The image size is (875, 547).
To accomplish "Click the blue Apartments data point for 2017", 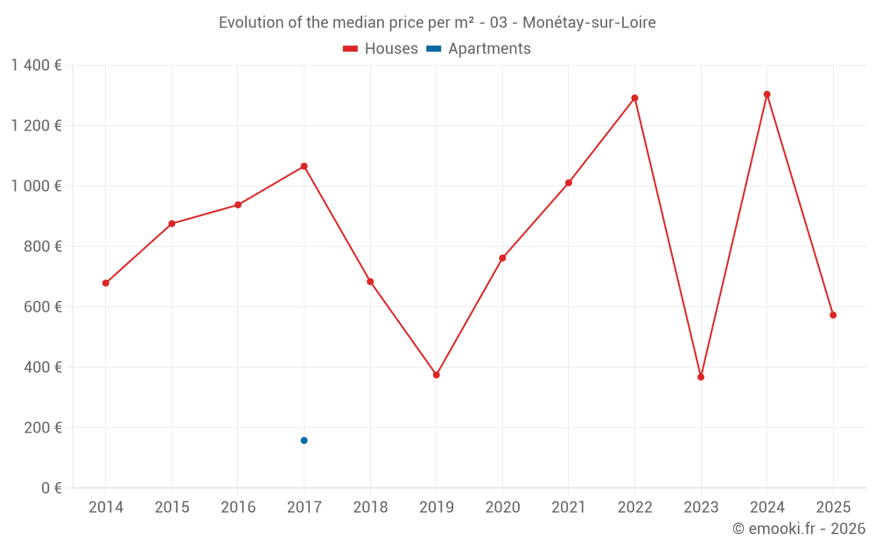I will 304,440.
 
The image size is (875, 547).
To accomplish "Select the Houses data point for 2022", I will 634,98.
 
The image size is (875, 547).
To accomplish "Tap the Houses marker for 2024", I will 766,95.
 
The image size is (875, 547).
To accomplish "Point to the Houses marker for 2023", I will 701,377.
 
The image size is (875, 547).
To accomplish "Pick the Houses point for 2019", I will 436,375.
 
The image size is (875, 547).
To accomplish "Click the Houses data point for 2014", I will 106,283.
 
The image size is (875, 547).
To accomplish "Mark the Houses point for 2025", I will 833,315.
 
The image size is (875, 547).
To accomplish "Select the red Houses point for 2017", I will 304,166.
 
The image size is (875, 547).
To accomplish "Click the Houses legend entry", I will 381,49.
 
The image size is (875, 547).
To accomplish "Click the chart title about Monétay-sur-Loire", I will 437,23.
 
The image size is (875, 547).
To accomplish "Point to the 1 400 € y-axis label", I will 36,65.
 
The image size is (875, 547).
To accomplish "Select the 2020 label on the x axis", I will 502,508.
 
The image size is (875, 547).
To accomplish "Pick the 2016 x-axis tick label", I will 238,508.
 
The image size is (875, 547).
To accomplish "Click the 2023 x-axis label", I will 701,508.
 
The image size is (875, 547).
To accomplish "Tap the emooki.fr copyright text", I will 798,529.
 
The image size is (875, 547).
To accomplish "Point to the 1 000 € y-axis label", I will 36,186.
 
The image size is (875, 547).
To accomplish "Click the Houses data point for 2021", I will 569,183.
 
